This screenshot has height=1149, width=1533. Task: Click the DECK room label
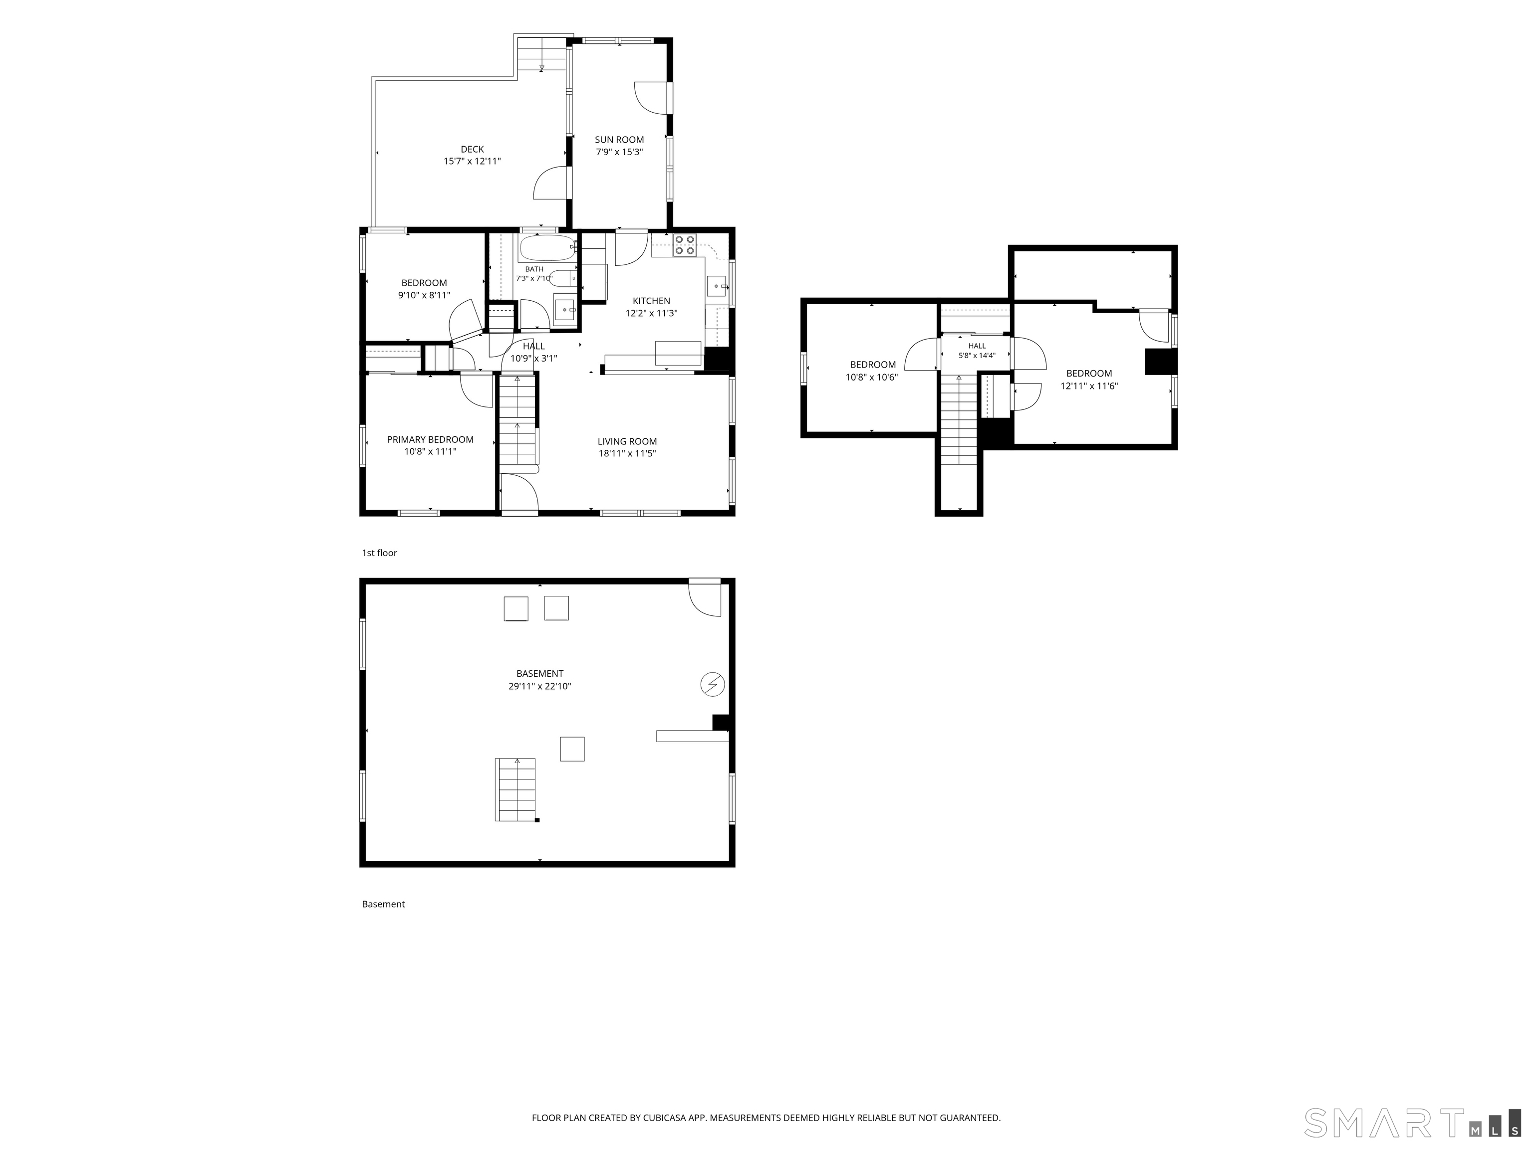[x=472, y=149]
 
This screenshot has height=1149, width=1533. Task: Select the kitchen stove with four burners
[x=685, y=246]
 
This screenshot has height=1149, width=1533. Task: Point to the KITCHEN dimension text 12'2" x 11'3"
[x=651, y=313]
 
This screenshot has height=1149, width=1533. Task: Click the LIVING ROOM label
[x=627, y=441]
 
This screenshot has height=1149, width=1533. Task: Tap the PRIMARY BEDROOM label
[x=430, y=439]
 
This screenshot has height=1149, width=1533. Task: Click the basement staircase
[x=515, y=789]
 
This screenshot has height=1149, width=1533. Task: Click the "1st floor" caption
[x=379, y=553]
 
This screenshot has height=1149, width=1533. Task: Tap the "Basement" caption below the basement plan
[x=383, y=904]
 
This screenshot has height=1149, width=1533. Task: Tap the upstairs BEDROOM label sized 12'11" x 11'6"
[x=1089, y=374]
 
